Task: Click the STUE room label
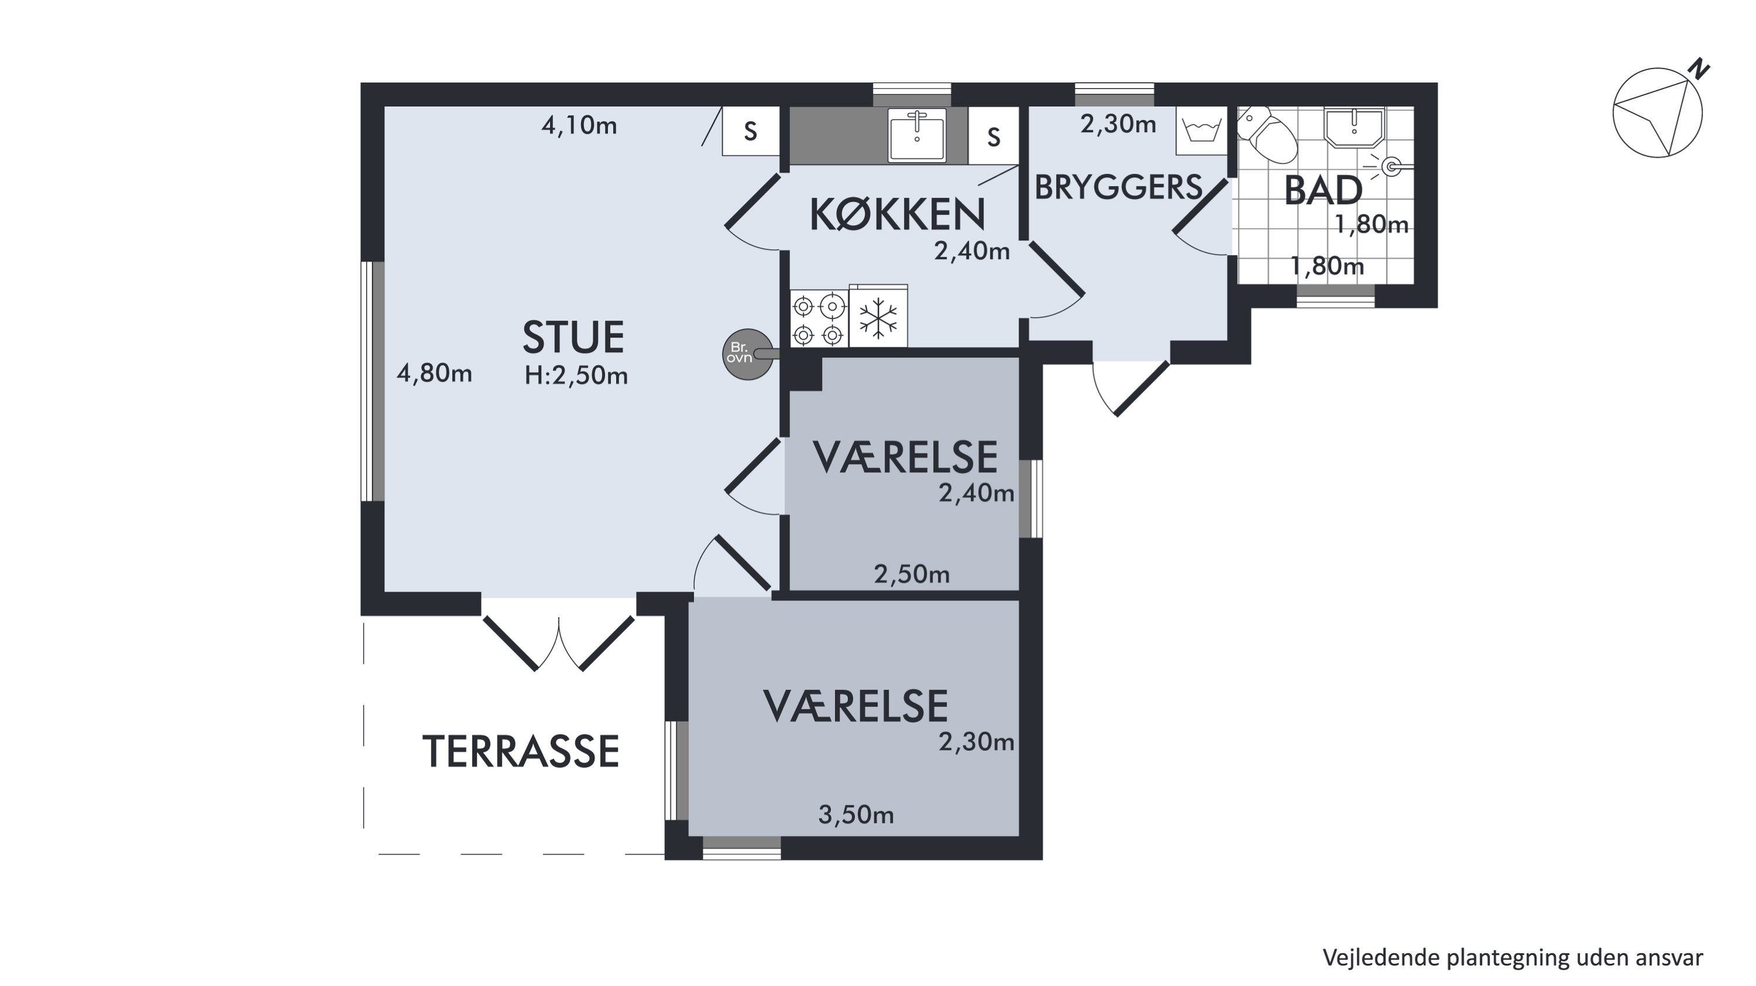573,337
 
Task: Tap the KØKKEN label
897,214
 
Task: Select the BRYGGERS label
1119,187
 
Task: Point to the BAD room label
1323,191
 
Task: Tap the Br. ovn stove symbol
747,354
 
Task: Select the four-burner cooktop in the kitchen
819,319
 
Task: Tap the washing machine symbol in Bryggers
1202,130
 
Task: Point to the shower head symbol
1388,166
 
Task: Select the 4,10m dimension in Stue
579,125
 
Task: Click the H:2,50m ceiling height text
576,375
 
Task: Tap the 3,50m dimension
856,815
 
